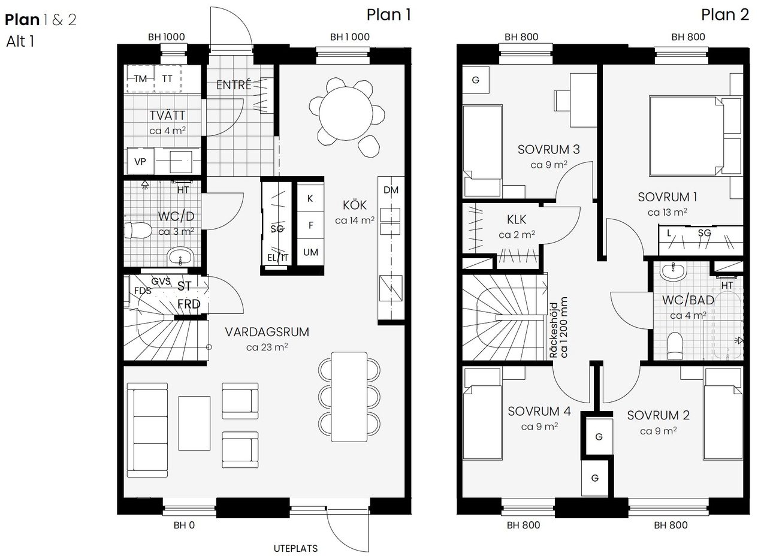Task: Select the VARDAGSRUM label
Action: point(267,332)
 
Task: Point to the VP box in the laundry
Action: point(140,162)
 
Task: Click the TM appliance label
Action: point(140,78)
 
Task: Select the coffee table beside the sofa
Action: point(194,423)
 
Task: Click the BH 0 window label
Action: point(184,525)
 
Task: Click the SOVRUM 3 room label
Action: point(548,149)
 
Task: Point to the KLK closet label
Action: point(517,219)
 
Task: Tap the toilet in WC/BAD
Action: point(675,345)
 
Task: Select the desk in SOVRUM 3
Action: point(570,100)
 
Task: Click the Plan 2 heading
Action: point(724,14)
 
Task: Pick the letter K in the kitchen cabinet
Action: point(310,199)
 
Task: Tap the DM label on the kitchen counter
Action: point(391,191)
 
